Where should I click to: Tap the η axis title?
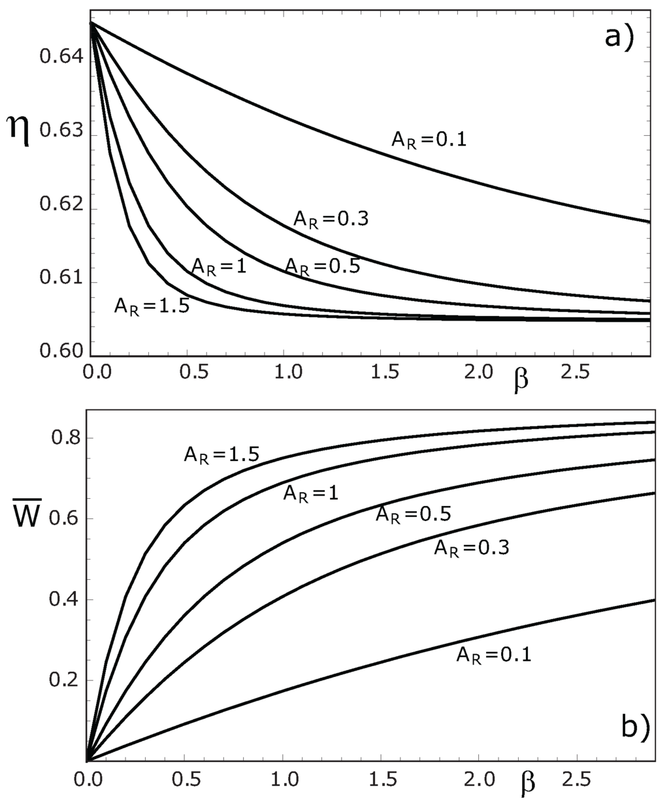[x=18, y=125]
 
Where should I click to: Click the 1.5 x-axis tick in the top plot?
[x=382, y=372]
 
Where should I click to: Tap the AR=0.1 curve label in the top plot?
[x=429, y=139]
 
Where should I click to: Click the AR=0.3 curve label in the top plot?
[x=331, y=218]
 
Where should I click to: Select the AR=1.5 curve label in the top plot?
[x=152, y=306]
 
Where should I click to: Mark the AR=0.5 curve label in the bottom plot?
[x=413, y=514]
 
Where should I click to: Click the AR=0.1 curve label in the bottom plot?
[x=493, y=654]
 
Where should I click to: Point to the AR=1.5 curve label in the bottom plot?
[x=221, y=454]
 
